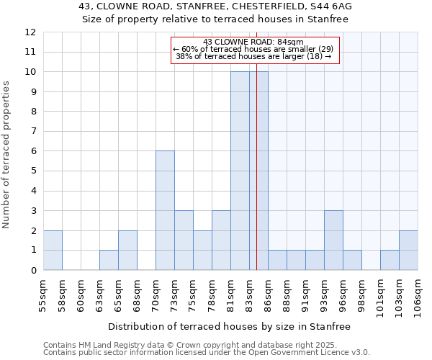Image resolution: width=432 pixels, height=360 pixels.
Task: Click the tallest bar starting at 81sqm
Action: point(240,171)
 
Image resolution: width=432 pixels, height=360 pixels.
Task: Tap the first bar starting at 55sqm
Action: point(53,250)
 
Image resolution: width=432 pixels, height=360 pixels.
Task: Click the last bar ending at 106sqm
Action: point(408,250)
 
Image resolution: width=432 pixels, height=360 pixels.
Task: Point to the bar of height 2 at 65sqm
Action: point(127,250)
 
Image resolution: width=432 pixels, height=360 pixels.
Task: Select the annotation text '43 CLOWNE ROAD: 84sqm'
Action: point(253,42)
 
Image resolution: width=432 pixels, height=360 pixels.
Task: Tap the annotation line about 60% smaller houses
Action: point(253,49)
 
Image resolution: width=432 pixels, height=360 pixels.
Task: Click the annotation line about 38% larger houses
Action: point(253,56)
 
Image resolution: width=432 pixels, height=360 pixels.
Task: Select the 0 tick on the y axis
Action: point(32,271)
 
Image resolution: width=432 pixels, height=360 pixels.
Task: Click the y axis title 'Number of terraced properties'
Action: point(7,154)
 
